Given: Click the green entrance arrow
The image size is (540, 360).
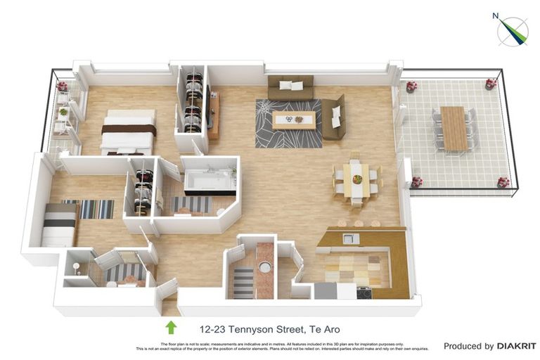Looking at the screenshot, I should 170,327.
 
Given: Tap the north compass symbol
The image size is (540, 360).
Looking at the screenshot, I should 513,30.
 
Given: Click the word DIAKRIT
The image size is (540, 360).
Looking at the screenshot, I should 516,346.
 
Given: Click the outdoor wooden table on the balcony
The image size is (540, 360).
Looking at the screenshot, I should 454,127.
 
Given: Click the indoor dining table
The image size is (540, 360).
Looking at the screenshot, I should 357,180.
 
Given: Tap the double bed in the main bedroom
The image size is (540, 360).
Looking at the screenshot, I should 128,131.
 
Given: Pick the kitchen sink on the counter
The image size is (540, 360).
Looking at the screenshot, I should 350,239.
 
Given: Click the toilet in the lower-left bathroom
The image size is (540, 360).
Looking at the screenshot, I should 76,267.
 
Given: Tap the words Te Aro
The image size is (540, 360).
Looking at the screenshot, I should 325,328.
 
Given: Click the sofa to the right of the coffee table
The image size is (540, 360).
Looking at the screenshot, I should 334,117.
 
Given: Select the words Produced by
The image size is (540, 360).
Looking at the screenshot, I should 468,346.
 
